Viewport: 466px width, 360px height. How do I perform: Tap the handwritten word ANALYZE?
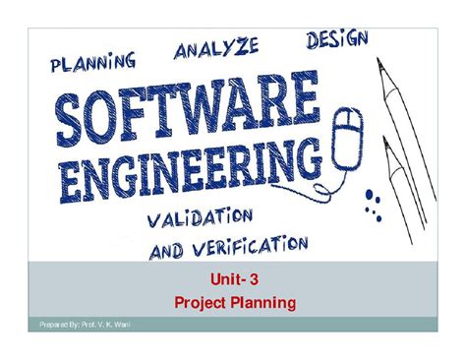click(217, 49)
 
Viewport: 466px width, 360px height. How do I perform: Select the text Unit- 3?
click(232, 282)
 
